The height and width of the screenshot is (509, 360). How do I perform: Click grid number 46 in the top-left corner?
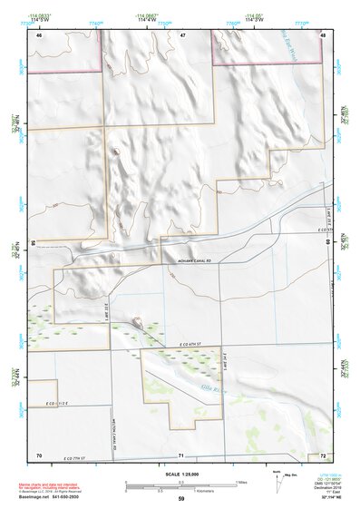(39, 35)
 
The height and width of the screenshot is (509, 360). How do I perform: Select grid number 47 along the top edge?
(182, 35)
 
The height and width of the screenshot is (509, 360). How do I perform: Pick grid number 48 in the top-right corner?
(323, 35)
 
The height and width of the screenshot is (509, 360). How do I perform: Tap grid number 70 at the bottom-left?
(39, 455)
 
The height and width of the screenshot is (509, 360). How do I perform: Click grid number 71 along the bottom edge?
(182, 455)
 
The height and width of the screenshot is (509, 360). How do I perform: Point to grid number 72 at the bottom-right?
(323, 455)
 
